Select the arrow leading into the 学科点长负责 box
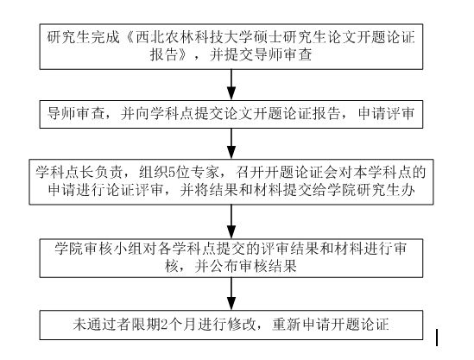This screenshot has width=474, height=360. [231, 143]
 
